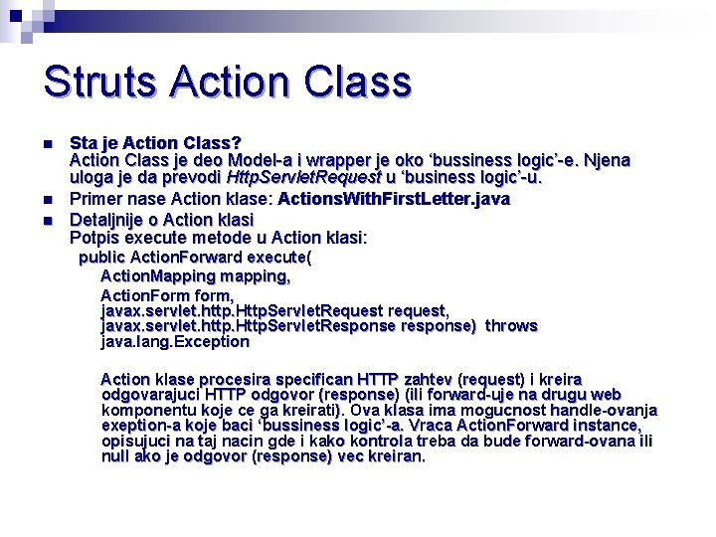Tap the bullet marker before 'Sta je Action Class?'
tap(49, 144)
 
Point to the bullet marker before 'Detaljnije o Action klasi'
tap(49, 219)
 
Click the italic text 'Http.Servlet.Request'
tap(303, 178)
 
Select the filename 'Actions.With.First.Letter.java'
tap(394, 199)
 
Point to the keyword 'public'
tap(101, 258)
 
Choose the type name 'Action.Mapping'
tap(157, 275)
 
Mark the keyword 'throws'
tap(510, 325)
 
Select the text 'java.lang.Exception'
tap(175, 341)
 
